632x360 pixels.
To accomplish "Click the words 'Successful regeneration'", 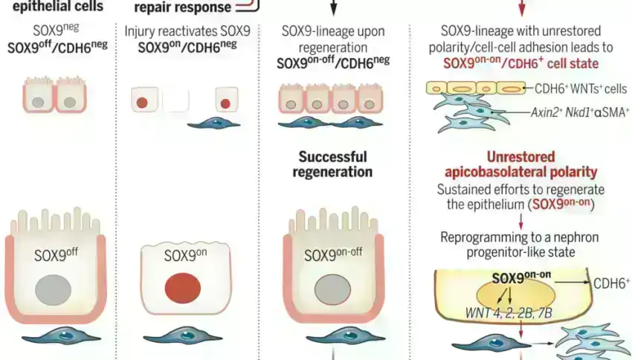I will click(x=334, y=164).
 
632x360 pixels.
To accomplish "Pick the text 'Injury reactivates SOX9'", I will click(x=187, y=32).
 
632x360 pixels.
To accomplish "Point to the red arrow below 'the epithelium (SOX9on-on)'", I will click(x=521, y=221).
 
